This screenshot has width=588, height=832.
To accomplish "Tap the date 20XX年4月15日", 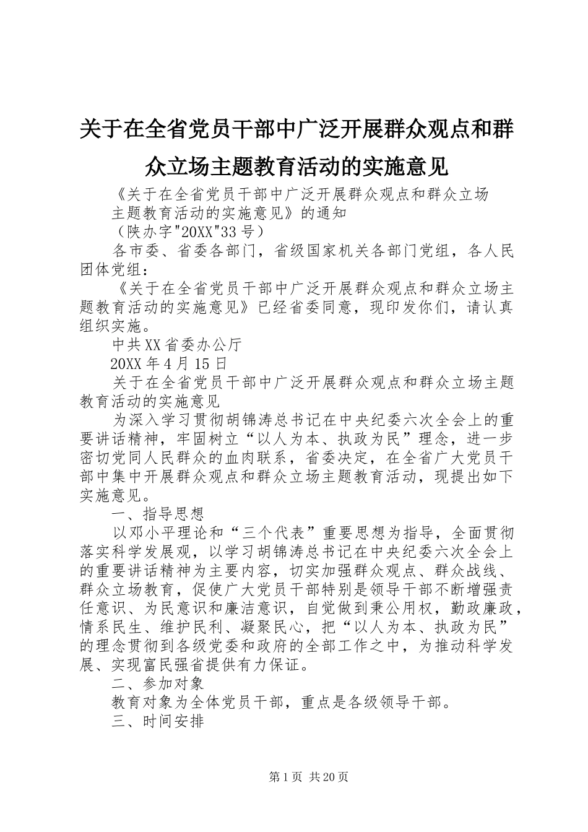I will tap(168, 363).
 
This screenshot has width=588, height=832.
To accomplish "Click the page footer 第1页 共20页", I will tap(308, 777).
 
